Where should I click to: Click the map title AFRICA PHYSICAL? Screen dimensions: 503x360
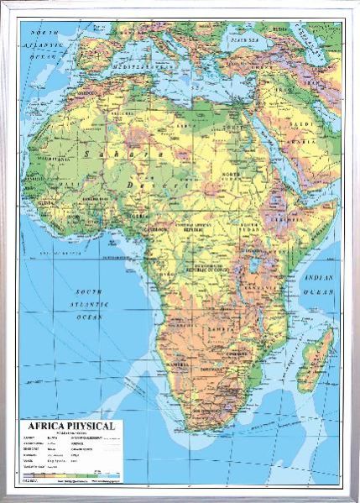pyautogui.click(x=73, y=426)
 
